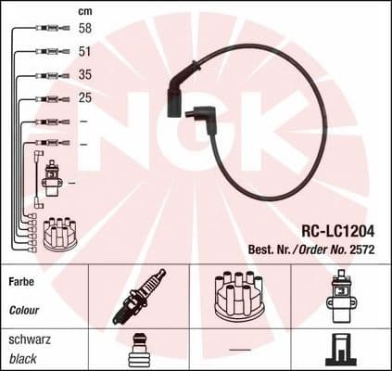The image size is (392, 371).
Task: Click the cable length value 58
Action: [84, 30]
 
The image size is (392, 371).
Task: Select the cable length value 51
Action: [84, 53]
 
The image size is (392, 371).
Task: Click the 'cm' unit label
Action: [84, 10]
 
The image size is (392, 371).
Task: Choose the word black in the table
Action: [23, 358]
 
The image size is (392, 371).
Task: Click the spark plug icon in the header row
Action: [138, 295]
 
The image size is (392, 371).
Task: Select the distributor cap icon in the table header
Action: [239, 296]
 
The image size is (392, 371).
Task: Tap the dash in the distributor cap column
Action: [240, 350]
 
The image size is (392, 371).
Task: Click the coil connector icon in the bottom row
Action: [341, 350]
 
